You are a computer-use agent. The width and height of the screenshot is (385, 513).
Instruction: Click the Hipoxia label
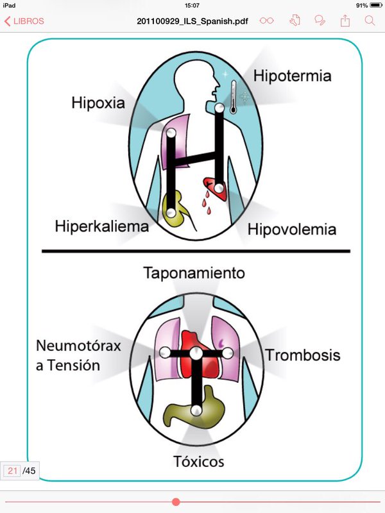98,103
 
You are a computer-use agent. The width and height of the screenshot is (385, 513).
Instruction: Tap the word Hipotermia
292,76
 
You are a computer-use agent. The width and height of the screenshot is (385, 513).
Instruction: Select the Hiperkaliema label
101,226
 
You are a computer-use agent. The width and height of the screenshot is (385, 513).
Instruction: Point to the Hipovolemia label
292,229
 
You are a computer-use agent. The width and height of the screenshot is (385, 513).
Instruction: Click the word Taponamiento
193,273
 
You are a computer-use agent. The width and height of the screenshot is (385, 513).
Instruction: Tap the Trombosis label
303,355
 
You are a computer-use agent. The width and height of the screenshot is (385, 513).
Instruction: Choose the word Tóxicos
199,461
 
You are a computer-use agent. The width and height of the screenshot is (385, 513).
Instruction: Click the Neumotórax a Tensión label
78,356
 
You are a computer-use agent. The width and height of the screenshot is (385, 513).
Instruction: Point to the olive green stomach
193,414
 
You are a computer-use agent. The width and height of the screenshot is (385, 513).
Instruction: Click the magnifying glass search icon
370,21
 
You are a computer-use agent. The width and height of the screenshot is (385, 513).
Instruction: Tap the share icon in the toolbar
345,21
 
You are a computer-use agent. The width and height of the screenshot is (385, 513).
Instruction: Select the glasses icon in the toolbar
267,21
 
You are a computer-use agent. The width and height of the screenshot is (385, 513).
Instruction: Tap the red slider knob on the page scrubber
176,501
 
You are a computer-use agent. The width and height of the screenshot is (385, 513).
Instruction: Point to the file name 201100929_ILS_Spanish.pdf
194,21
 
